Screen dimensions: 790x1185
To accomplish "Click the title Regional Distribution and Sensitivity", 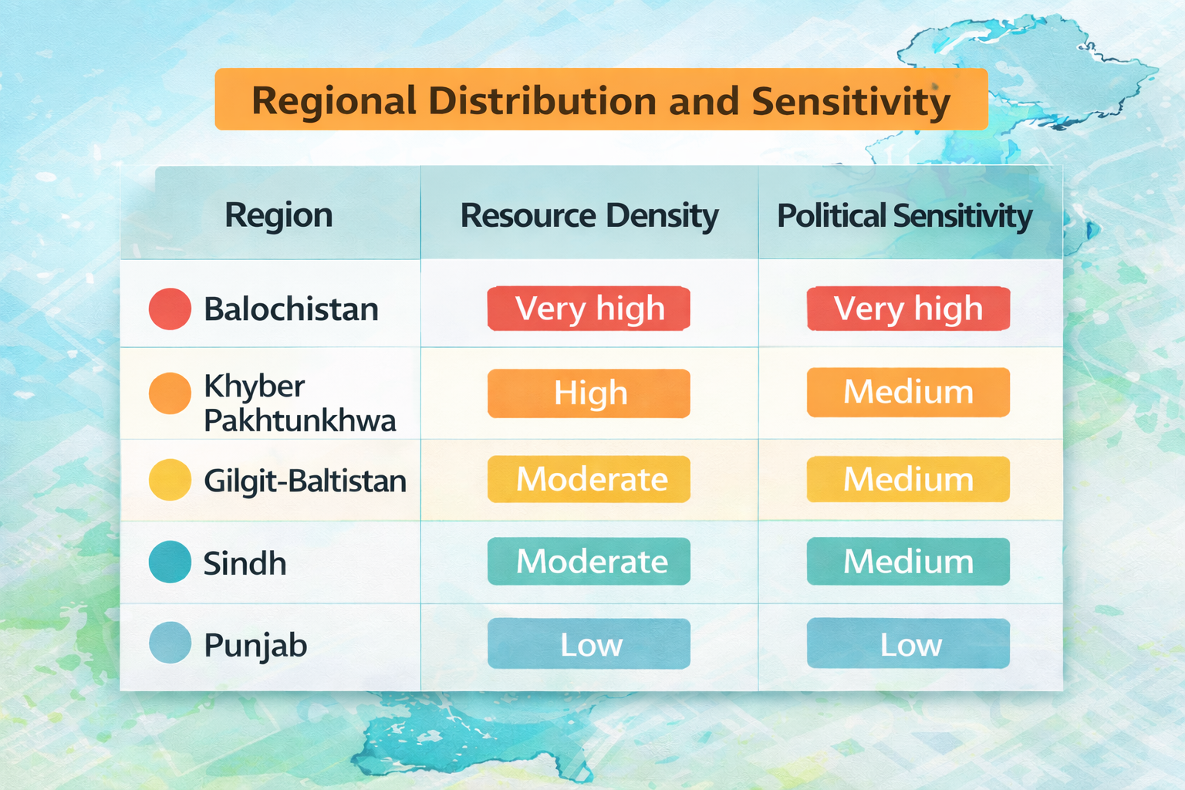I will coord(601,100).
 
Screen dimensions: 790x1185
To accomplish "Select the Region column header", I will coord(279,215).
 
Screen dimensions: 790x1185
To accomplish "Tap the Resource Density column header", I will coord(589,216).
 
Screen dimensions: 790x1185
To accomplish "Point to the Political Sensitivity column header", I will coord(904,216).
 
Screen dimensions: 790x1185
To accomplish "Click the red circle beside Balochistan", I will coord(170,309).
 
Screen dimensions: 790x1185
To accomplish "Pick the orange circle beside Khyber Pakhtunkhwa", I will coord(170,393).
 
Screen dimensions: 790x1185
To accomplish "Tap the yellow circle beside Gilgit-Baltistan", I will coord(170,479).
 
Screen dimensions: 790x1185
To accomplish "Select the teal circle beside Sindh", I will coord(170,562).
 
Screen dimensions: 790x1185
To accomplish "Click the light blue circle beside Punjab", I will coord(170,643).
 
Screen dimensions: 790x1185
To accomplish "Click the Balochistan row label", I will coord(291,309).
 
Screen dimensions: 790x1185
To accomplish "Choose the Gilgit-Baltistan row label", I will coord(305,481).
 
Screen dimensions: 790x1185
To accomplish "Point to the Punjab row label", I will coord(255,645).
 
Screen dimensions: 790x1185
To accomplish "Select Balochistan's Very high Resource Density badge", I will coord(589,309).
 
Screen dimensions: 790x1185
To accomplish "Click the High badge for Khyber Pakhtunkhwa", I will coord(589,393).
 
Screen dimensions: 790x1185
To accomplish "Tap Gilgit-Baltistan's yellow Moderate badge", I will coord(589,479).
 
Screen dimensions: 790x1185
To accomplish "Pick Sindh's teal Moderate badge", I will coord(589,561).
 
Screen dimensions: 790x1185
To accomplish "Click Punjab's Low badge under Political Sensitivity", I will coord(908,643).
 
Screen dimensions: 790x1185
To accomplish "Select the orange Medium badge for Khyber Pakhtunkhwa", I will coord(908,392).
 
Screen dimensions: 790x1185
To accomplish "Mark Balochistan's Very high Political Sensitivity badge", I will coord(908,309).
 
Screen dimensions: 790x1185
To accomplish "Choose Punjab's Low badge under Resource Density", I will coord(589,643).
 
